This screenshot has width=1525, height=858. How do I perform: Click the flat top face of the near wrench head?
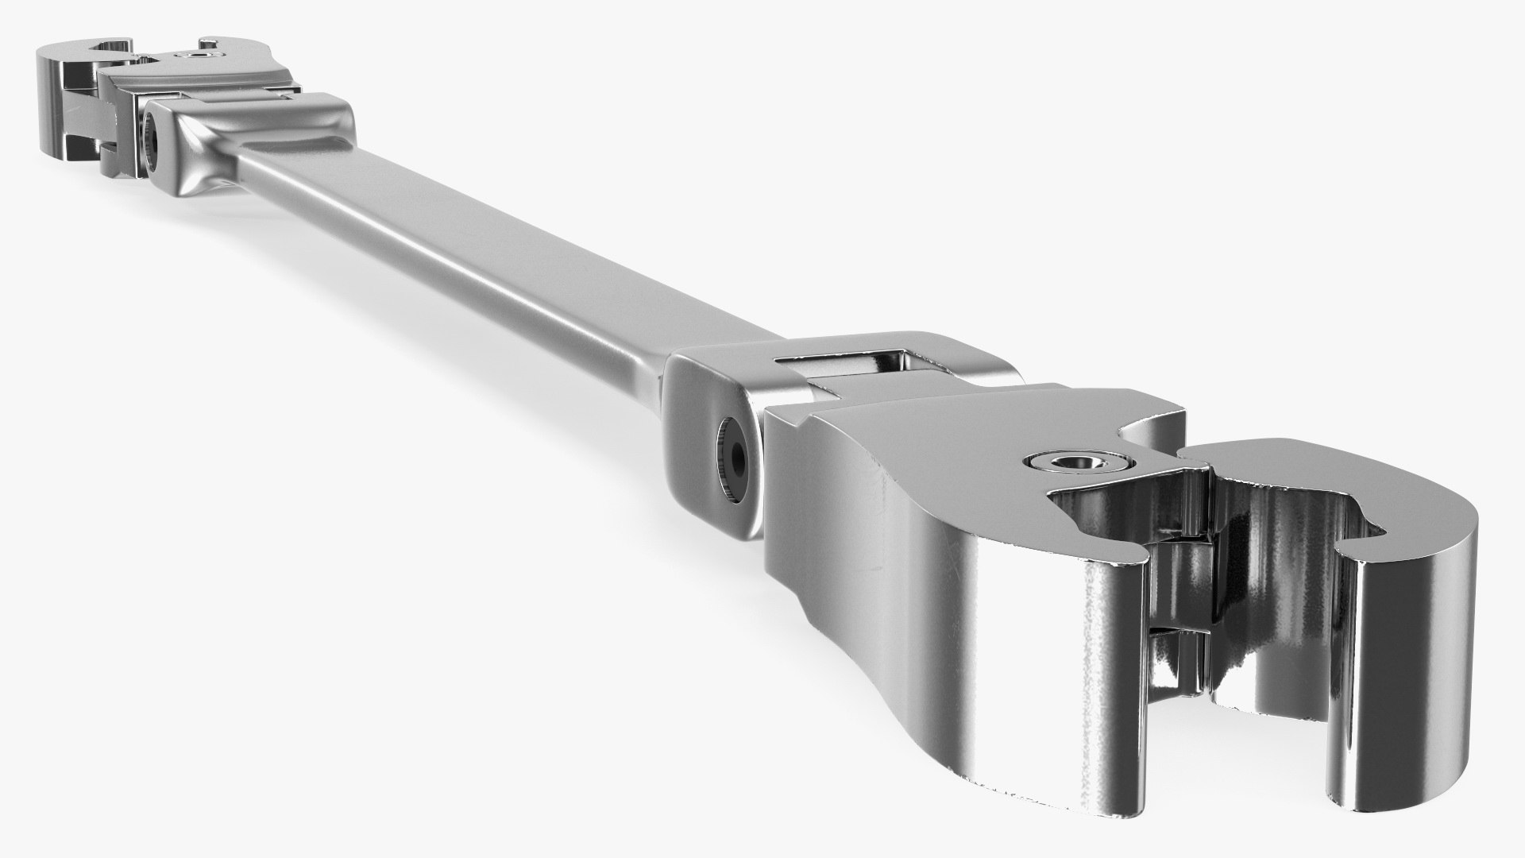937,445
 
